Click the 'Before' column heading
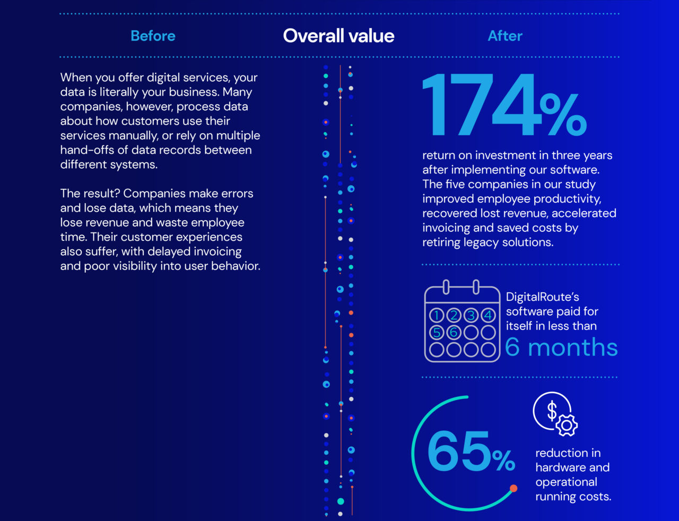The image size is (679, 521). (x=153, y=36)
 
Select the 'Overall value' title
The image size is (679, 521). (x=338, y=36)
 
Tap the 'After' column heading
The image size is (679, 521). (x=505, y=36)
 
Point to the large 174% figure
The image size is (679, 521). (x=504, y=106)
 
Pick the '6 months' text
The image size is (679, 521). (x=561, y=348)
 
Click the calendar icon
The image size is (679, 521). (x=462, y=322)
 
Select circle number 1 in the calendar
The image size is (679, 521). (x=437, y=316)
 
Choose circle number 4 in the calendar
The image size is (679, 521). (x=488, y=316)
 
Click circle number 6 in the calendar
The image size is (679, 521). (x=454, y=333)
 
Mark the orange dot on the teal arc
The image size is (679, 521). (x=513, y=488)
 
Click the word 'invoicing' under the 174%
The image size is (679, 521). (x=446, y=228)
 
